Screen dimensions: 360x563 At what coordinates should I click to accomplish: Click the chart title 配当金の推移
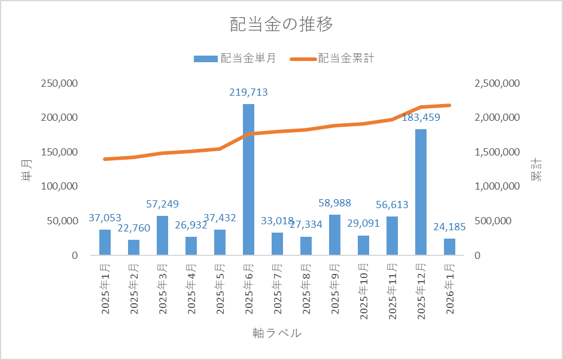(281, 25)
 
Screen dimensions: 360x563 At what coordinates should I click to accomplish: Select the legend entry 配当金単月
(235, 59)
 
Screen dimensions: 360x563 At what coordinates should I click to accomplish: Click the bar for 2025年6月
(248, 179)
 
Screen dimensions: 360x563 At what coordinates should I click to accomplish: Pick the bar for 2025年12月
(421, 192)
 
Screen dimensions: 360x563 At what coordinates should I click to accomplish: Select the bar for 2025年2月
(133, 248)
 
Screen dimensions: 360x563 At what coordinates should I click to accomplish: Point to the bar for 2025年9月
(334, 235)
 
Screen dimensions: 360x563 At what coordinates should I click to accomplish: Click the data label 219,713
(248, 93)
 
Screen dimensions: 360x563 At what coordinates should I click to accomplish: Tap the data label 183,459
(421, 118)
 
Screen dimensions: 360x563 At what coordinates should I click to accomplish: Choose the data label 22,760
(133, 228)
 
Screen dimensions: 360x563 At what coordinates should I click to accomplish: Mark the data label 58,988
(334, 203)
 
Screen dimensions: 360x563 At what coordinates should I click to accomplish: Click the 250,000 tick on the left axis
(59, 83)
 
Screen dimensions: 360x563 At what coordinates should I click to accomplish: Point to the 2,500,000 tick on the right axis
(497, 83)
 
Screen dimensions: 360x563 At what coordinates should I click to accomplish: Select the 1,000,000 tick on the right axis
(497, 187)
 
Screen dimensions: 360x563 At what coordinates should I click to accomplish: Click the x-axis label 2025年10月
(363, 291)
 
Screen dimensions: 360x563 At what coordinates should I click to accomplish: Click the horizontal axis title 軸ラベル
(276, 333)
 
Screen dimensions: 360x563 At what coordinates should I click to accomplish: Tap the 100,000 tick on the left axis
(59, 187)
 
